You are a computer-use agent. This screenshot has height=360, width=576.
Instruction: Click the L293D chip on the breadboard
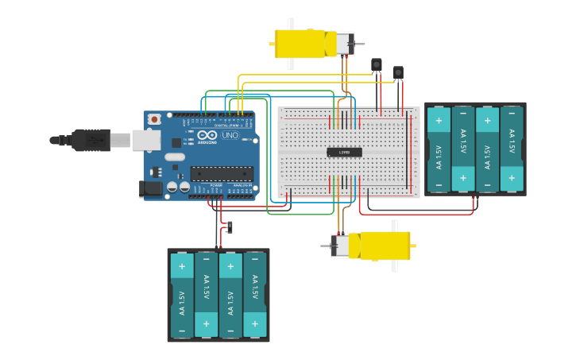point(344,152)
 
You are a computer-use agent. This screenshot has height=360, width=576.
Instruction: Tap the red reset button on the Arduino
point(154,119)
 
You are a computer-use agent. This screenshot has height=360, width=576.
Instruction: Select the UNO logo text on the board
point(229,136)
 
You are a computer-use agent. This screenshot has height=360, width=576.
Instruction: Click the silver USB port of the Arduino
point(145,141)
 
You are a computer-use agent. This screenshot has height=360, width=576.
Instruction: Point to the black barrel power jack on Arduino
point(150,189)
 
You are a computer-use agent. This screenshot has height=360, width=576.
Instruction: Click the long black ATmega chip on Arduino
point(221,173)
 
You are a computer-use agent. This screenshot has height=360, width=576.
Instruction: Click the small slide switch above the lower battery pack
point(230,228)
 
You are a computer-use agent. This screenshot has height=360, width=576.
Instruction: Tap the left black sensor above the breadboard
point(377,64)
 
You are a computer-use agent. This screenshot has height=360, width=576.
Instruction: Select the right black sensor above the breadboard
point(398,72)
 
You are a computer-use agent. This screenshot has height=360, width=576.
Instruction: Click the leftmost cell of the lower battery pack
point(182,295)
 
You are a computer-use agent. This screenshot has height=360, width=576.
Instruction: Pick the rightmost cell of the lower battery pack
point(255,295)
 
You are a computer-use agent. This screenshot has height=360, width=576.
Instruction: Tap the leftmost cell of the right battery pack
point(439,149)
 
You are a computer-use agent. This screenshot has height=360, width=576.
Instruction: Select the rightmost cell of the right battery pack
point(512,149)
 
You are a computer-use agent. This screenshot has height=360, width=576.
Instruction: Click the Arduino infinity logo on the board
point(209,136)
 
